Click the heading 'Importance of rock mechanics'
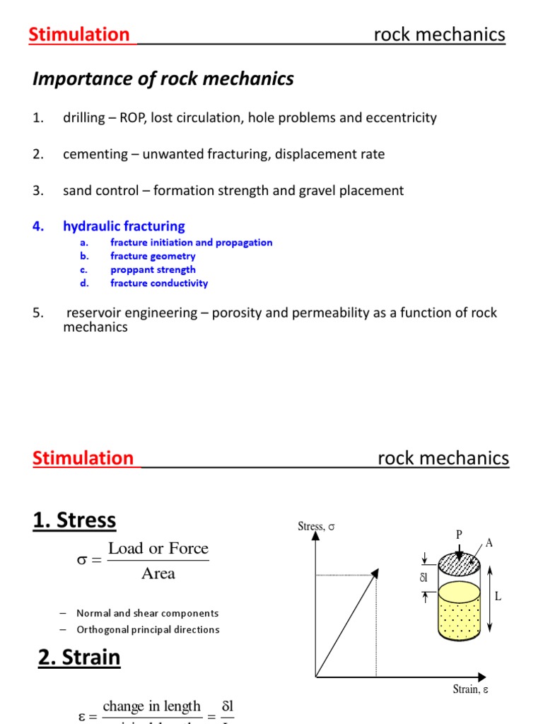tap(163, 79)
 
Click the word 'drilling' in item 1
tap(83, 118)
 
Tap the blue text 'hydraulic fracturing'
tap(124, 226)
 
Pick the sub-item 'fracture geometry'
tap(153, 256)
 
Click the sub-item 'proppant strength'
tap(153, 269)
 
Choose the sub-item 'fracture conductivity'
tap(159, 283)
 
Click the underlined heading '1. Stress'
tap(74, 520)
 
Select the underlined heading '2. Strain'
tap(79, 658)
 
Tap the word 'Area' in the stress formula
tap(158, 573)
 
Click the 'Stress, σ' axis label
tap(315, 526)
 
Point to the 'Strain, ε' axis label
tap(470, 689)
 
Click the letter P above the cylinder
tap(459, 535)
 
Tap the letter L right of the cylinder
tap(498, 597)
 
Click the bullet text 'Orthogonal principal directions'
tap(148, 630)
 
